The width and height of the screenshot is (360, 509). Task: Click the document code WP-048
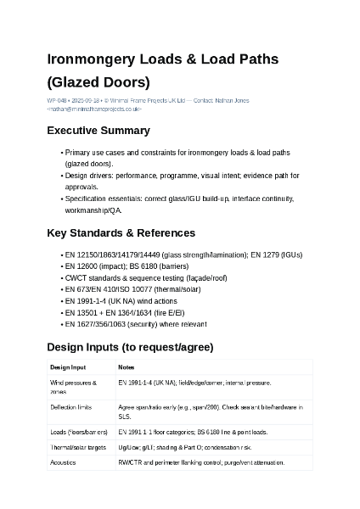tap(57, 101)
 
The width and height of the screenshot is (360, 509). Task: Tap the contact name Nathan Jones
tap(232, 101)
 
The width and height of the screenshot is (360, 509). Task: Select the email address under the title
tap(94, 109)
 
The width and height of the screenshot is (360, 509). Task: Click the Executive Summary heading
tap(98, 131)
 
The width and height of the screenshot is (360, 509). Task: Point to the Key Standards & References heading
tap(121, 232)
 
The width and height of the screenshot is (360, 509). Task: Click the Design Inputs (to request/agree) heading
tap(130, 347)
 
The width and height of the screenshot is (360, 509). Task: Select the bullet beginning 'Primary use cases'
tap(177, 153)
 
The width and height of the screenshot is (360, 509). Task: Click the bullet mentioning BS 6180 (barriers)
tap(127, 266)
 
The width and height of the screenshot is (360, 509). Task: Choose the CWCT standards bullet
tap(146, 277)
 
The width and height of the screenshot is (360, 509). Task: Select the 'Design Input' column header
tap(68, 367)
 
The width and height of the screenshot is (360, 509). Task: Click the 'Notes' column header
tap(127, 367)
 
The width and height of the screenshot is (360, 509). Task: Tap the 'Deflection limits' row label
tap(71, 408)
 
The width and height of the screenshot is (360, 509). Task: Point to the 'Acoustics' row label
tap(64, 462)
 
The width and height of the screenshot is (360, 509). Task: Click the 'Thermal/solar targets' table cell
tap(78, 446)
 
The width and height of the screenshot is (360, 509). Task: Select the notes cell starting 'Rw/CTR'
tap(201, 462)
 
